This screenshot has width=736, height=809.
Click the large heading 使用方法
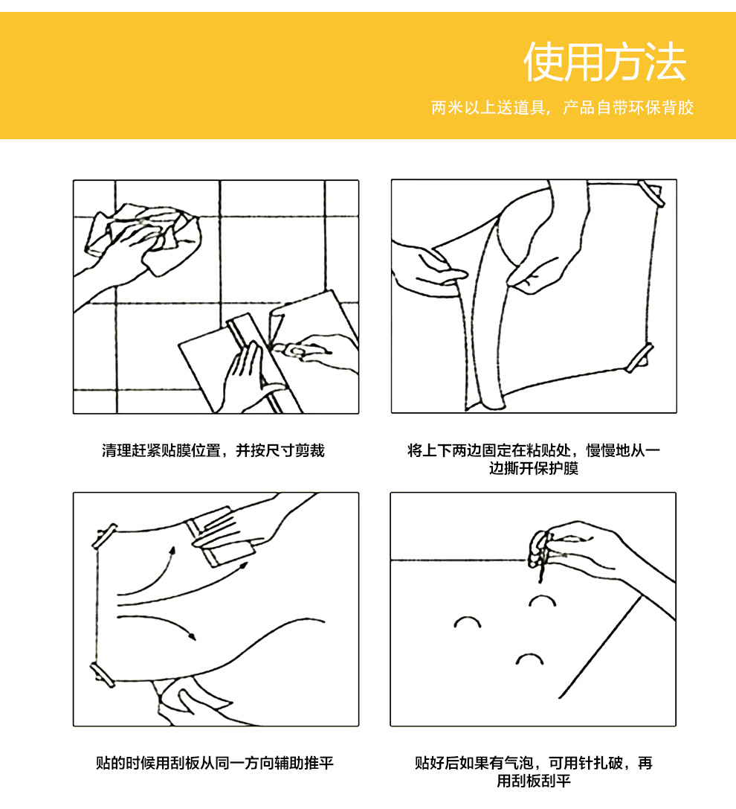point(604,63)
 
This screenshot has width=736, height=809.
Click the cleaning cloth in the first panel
point(144,237)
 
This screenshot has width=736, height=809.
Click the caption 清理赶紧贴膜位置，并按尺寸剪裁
point(213,450)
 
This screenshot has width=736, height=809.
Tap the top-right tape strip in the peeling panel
point(651,194)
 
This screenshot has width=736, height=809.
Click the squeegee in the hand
point(222,537)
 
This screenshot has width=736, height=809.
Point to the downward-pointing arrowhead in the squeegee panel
point(193,635)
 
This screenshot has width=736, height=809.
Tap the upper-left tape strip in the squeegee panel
point(104,536)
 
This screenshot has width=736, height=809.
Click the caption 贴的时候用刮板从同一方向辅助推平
point(214,763)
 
